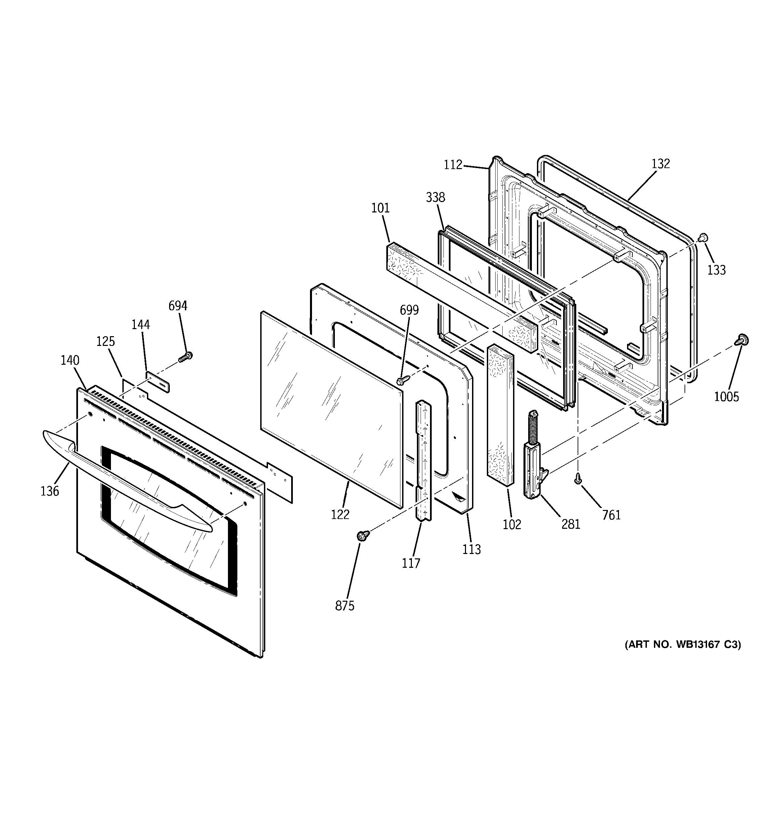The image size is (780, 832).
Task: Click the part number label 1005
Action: [727, 396]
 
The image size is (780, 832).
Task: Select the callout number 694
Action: [178, 306]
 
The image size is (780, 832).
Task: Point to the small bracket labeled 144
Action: [158, 381]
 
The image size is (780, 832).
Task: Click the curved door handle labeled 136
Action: [126, 481]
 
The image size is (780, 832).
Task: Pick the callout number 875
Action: [344, 605]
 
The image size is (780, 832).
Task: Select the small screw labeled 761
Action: [578, 478]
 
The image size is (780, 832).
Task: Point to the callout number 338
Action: [435, 197]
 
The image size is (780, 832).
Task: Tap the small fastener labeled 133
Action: [703, 237]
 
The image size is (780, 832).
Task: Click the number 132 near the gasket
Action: [661, 164]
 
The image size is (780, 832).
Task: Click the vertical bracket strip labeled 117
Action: [423, 460]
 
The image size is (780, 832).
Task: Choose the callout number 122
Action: [340, 514]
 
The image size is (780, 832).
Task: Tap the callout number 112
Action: [453, 164]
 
